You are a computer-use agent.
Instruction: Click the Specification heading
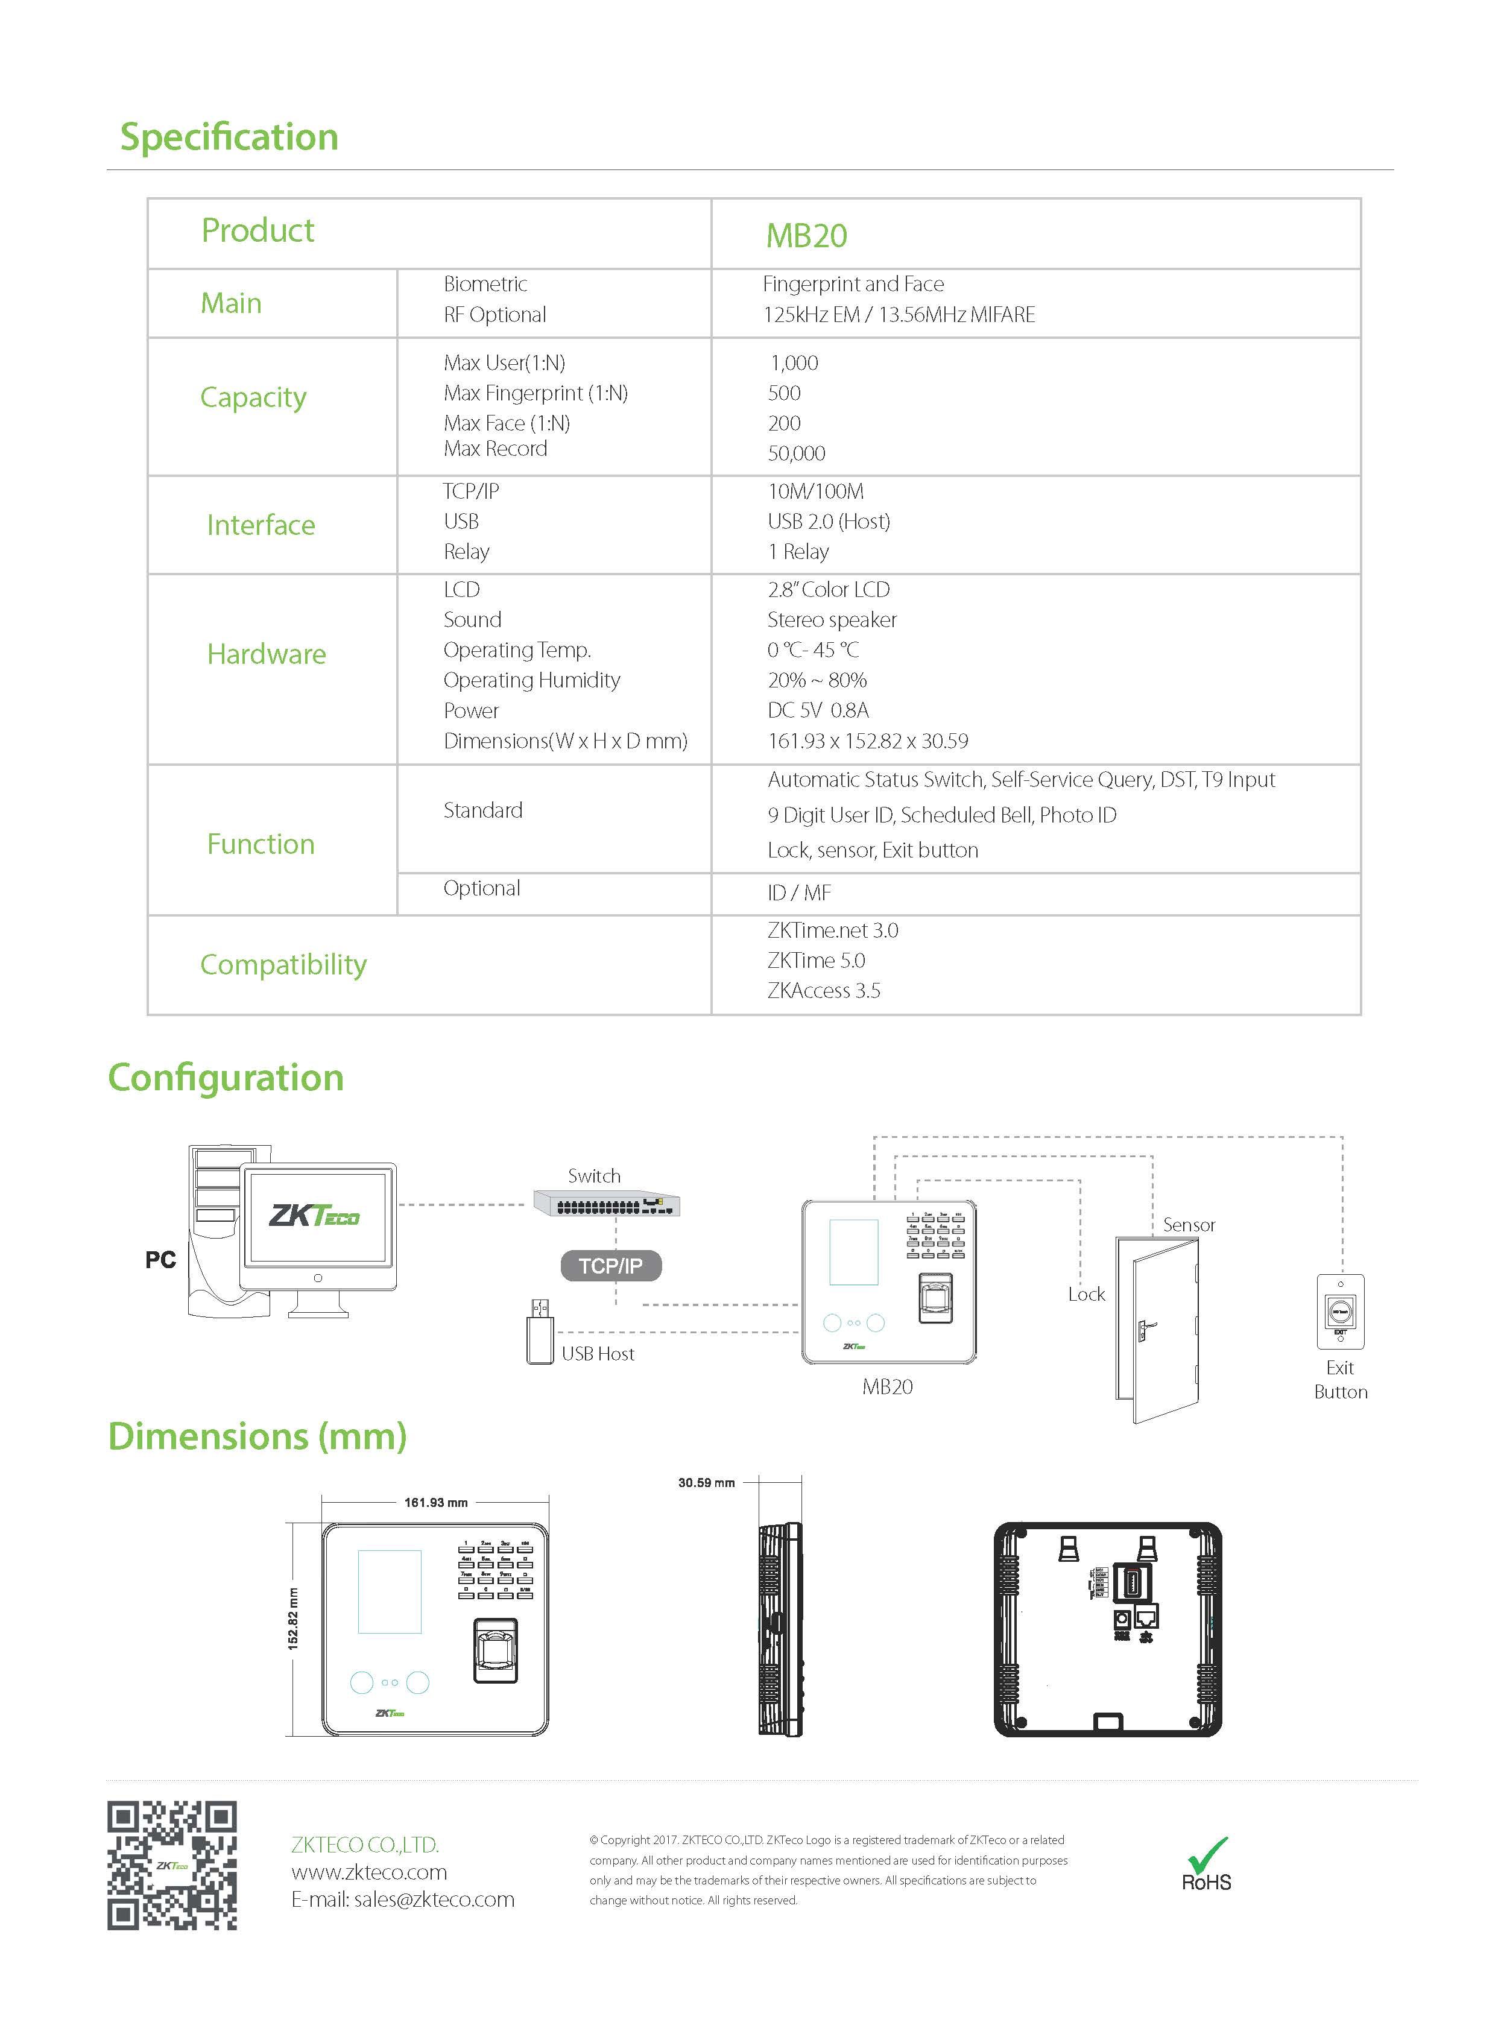(229, 137)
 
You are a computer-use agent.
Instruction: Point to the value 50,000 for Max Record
(796, 453)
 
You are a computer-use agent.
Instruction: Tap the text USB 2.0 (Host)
(829, 522)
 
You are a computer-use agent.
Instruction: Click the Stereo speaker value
(832, 620)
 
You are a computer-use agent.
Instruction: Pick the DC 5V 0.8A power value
(818, 710)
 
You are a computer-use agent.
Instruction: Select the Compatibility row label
(283, 965)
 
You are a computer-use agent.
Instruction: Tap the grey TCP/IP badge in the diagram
(610, 1266)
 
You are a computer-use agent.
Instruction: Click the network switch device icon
(606, 1205)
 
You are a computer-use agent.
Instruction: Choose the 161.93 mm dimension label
(435, 1503)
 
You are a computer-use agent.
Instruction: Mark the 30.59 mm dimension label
(706, 1483)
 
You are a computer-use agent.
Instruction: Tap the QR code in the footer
(172, 1865)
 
